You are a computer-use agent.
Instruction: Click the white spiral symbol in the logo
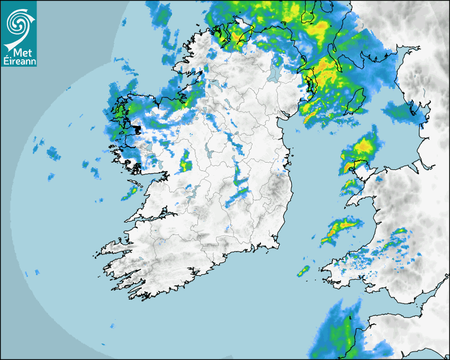pyautogui.click(x=18, y=23)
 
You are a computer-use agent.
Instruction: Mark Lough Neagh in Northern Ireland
pyautogui.click(x=275, y=72)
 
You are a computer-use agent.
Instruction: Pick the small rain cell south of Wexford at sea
pyautogui.click(x=303, y=272)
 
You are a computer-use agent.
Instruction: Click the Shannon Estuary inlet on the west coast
pyautogui.click(x=154, y=217)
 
